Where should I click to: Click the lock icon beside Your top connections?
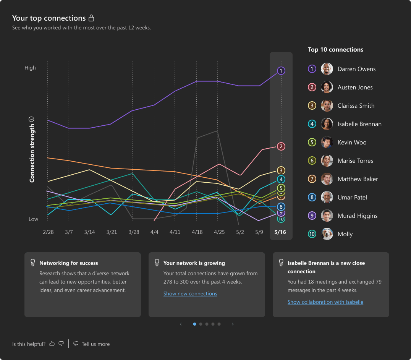coord(91,18)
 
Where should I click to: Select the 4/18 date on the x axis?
coord(197,232)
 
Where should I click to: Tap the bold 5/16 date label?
coord(280,232)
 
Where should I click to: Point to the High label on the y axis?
coord(30,68)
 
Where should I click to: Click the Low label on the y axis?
coord(33,219)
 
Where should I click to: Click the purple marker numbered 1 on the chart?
coord(281,71)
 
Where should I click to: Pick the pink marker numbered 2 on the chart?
coord(281,146)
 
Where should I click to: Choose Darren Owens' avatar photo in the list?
coord(327,69)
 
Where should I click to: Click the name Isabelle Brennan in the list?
coord(359,124)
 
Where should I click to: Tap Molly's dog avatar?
coord(327,234)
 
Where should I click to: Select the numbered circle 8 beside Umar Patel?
coord(312,198)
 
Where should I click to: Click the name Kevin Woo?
coord(352,143)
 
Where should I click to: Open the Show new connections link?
coord(190,294)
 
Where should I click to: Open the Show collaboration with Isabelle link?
coord(325,302)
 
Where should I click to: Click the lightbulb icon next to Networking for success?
coord(33,263)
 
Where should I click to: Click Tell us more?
coord(95,344)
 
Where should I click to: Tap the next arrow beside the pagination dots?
coord(233,324)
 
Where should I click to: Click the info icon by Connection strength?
coord(32,119)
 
